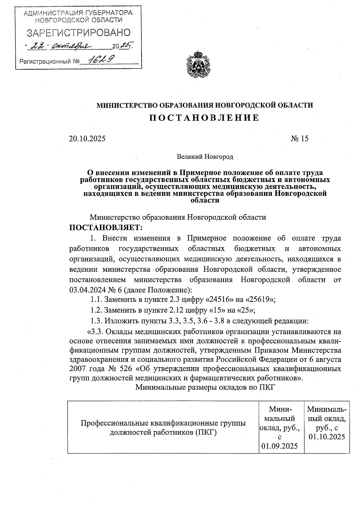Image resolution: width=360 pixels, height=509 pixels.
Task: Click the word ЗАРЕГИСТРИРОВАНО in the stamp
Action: pos(79,33)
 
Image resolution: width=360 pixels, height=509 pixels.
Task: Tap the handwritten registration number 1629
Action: pos(100,60)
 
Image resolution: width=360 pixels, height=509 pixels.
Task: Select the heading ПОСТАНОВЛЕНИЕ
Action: pos(204,118)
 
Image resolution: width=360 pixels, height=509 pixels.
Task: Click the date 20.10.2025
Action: pos(87,139)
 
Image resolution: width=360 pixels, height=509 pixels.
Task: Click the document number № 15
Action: pos(299,139)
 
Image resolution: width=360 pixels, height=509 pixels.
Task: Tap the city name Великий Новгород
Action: pos(205,157)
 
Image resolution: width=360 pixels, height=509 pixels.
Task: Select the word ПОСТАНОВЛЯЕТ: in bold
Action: pos(106,228)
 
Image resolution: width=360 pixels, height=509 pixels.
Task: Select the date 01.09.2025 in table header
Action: pos(280,446)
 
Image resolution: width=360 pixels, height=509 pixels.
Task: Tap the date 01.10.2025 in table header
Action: pos(327,437)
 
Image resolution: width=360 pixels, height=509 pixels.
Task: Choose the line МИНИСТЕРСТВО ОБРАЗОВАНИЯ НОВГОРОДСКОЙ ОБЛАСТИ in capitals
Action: pos(204,105)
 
